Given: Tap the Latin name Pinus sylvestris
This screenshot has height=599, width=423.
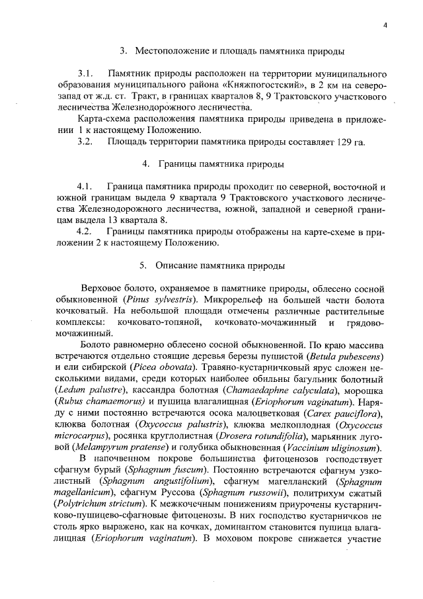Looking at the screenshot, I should [141, 299].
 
